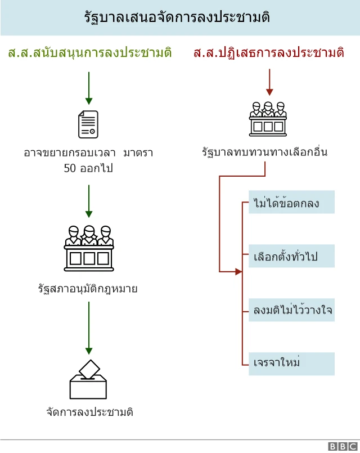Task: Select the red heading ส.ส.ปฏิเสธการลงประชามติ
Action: tap(268, 53)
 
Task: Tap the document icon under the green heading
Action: tap(88, 124)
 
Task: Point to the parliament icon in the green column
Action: tap(88, 246)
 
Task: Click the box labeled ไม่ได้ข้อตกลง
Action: tap(291, 203)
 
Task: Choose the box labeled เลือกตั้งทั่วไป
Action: tap(291, 256)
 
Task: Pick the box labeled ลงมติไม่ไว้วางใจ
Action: tap(291, 310)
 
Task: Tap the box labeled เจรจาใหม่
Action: tap(291, 364)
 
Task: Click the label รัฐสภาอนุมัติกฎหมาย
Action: tap(88, 289)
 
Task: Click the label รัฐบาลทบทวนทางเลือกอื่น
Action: tap(265, 152)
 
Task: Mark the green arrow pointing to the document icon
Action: tap(88, 87)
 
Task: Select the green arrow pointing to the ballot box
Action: tap(88, 329)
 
